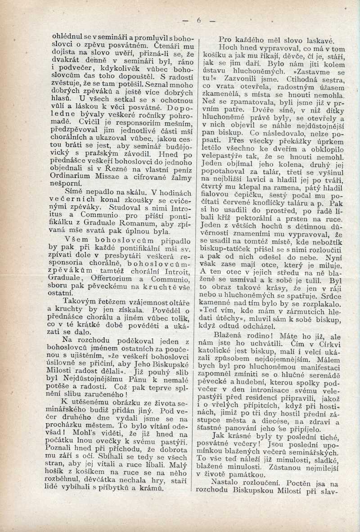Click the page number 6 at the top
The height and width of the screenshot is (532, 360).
pos(198,20)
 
